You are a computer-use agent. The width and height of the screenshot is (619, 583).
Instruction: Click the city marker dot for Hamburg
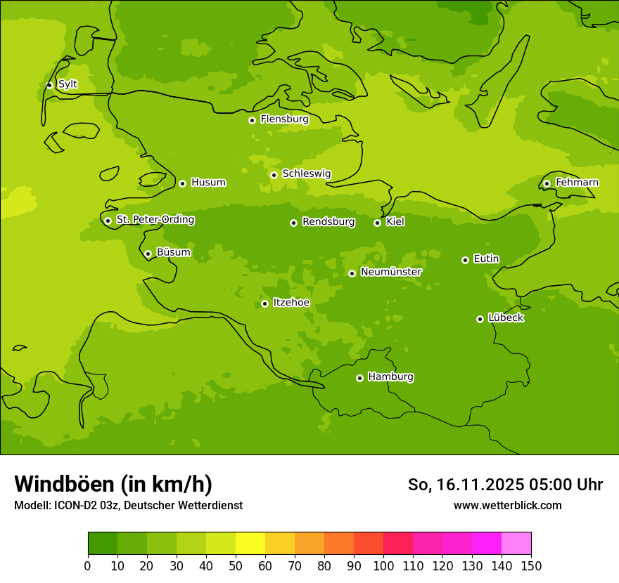(359, 378)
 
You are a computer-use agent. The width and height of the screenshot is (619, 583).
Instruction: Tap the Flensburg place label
(284, 119)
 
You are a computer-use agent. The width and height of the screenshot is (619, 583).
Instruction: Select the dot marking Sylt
(49, 85)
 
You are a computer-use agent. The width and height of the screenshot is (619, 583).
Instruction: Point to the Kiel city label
(395, 222)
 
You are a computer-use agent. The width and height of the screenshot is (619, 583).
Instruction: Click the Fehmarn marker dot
(547, 183)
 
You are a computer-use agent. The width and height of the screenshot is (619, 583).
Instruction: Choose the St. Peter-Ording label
(155, 220)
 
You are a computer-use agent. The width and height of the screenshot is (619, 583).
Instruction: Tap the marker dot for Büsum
(148, 254)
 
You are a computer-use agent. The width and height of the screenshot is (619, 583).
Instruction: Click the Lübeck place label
(505, 318)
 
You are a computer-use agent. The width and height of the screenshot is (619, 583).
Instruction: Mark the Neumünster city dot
(352, 273)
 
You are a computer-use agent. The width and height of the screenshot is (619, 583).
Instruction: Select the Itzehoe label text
(291, 303)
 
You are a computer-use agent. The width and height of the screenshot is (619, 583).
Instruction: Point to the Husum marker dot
(182, 183)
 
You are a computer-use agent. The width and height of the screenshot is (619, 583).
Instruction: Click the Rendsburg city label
(328, 222)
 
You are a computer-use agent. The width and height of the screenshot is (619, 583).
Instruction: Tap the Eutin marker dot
(465, 260)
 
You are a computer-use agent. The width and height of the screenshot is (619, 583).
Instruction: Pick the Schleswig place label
(306, 173)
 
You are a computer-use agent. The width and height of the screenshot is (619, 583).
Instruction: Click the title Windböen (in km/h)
(113, 484)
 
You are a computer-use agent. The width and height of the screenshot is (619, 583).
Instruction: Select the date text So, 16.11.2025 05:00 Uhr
(505, 485)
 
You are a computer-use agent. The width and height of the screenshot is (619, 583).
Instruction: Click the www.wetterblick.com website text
(507, 505)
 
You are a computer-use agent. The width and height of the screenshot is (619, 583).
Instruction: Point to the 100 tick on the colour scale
(383, 565)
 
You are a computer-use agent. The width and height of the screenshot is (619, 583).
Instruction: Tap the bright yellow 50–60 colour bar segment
(250, 544)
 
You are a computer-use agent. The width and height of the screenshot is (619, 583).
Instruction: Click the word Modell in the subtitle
(31, 506)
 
